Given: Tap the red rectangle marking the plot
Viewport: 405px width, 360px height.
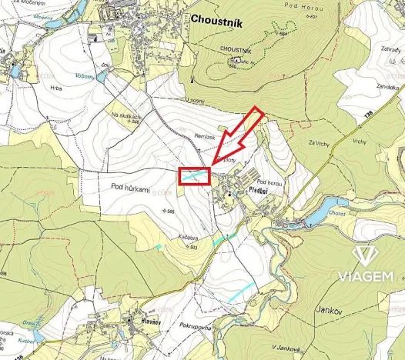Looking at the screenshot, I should click(194, 176).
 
